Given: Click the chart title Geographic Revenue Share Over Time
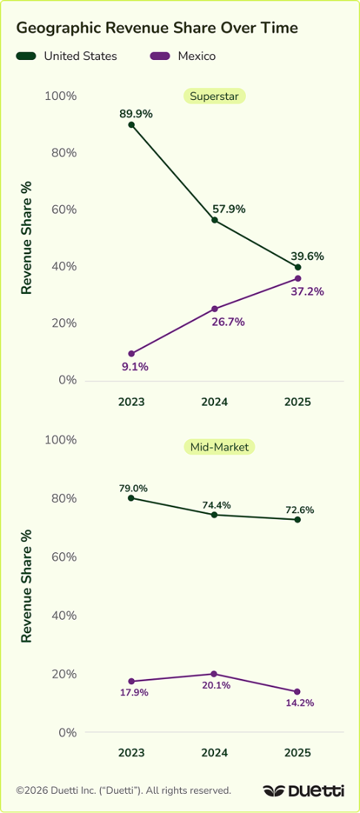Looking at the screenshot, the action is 157,28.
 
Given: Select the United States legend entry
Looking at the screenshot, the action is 67,56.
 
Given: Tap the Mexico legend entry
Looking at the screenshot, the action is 183,56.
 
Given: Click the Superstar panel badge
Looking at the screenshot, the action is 214,96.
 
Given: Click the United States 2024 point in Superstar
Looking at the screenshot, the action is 214,221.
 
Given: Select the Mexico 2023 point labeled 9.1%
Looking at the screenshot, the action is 131,354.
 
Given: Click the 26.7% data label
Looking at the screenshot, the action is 228,322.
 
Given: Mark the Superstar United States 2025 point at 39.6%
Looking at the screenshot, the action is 298,267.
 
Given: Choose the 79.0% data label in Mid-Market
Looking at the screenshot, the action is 133,488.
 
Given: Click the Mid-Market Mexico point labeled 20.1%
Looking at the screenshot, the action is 214,674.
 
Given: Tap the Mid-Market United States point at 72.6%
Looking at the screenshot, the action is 298,520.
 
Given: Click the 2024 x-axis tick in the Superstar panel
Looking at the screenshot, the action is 214,402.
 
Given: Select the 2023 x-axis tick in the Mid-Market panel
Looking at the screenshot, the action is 131,753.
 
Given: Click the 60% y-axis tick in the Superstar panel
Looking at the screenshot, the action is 64,210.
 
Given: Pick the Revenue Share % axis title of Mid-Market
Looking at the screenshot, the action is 27,586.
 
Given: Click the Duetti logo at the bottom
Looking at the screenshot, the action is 304,791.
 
